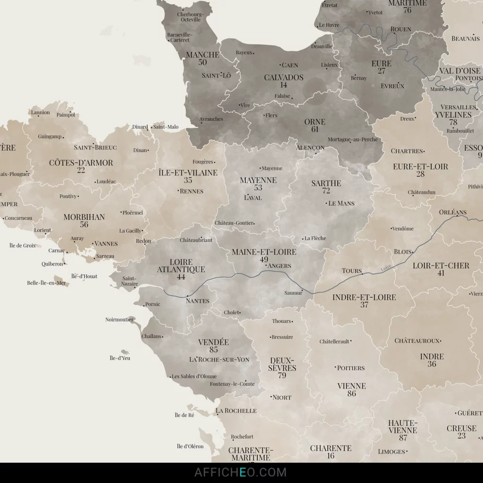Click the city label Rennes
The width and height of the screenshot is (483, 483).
192,191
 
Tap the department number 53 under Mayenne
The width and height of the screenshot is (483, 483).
258,188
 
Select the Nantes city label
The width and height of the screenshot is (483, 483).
198,300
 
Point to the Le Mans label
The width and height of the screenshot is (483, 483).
341,203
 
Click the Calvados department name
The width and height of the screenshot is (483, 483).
283,77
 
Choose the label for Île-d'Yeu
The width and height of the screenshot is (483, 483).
120,358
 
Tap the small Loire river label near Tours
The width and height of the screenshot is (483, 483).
386,269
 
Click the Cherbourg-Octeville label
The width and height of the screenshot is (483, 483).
191,17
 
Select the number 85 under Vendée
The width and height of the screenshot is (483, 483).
214,350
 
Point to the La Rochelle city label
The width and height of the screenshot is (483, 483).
236,411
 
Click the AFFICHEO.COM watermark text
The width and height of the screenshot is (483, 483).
241,472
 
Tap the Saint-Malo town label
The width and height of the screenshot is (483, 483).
166,127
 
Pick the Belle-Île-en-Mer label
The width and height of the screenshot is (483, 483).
46,283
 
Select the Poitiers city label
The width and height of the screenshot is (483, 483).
351,368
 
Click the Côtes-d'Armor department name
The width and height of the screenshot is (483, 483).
81,163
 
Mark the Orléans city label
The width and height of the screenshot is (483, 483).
452,212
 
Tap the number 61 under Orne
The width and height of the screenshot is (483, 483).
315,129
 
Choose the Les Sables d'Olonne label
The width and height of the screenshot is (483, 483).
194,376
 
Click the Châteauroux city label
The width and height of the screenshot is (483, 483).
417,341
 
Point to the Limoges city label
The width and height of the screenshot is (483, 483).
391,451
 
